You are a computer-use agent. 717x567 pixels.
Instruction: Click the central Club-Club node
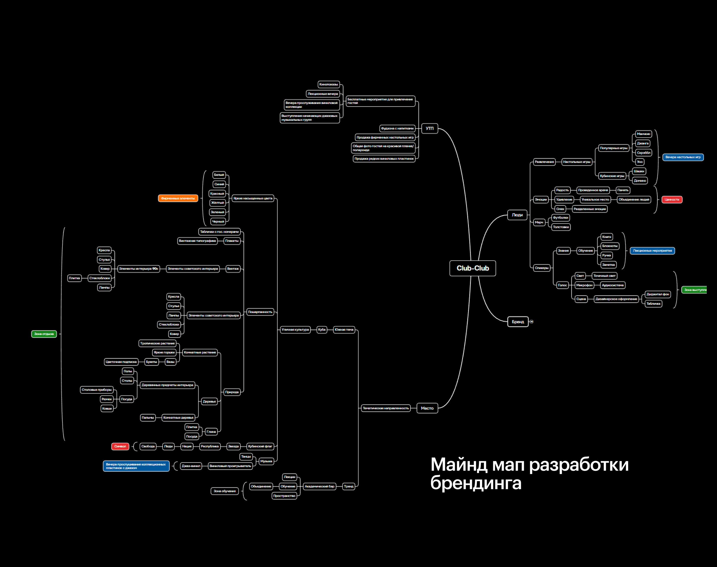[x=472, y=268]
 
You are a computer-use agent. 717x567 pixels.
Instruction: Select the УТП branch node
[x=429, y=129]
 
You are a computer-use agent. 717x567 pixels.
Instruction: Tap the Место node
[x=427, y=408]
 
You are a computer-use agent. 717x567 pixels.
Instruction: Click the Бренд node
[x=518, y=322]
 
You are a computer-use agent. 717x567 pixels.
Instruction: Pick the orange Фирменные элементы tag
[x=178, y=198]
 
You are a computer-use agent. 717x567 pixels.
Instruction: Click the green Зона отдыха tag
[x=44, y=334]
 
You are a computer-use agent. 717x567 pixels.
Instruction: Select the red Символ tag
[x=120, y=446]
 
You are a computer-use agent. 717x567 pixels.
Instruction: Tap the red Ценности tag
[x=672, y=199]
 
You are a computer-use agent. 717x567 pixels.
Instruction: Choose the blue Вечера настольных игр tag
[x=683, y=157]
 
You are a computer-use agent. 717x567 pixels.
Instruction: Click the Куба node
[x=322, y=330]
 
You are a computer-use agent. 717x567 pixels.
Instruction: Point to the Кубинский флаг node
[x=260, y=446]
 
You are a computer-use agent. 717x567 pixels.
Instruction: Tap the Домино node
[x=640, y=181]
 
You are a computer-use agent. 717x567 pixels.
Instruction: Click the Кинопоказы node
[x=328, y=84]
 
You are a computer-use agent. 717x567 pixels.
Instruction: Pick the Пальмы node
[x=148, y=418]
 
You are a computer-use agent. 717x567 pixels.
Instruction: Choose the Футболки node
[x=560, y=218]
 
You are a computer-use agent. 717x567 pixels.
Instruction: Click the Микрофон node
[x=584, y=285]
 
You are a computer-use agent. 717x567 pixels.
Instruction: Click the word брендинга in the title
[x=476, y=483]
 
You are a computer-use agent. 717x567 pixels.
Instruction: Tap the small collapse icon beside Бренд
[x=531, y=322]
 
